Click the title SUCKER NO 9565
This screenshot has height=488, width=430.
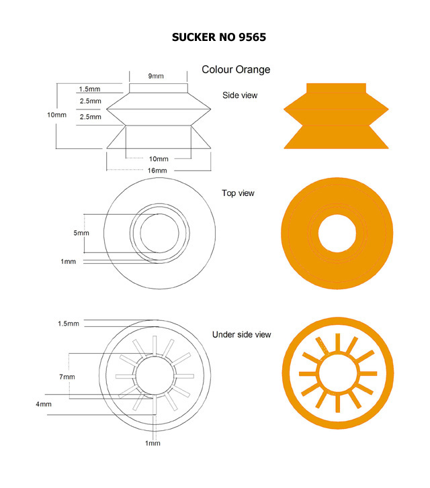pyautogui.click(x=219, y=38)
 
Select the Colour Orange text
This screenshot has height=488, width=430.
pyautogui.click(x=236, y=70)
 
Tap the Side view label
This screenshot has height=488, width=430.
pyautogui.click(x=240, y=95)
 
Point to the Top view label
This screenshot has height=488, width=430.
pyautogui.click(x=238, y=193)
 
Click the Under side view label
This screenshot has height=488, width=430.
pyautogui.click(x=241, y=334)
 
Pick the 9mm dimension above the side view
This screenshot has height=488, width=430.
pyautogui.click(x=156, y=76)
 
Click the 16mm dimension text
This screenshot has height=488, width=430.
pyautogui.click(x=157, y=170)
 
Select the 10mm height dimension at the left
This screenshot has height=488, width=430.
pyautogui.click(x=56, y=115)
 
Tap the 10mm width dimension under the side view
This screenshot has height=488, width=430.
pyautogui.click(x=159, y=159)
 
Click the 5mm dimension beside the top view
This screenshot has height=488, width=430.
pyautogui.click(x=81, y=233)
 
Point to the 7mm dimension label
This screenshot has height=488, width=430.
pyautogui.click(x=67, y=377)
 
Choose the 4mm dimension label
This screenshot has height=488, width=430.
pyautogui.click(x=44, y=404)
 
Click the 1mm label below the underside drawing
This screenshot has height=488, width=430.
pyautogui.click(x=153, y=443)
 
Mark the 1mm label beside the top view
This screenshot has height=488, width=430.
pyautogui.click(x=69, y=261)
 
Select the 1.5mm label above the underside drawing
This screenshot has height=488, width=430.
pyautogui.click(x=69, y=324)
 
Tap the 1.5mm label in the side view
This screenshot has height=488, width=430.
pyautogui.click(x=89, y=89)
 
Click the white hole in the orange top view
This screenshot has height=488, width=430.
pyautogui.click(x=337, y=233)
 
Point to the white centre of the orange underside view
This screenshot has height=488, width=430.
pyautogui.click(x=338, y=373)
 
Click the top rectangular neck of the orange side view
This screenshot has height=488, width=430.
pyautogui.click(x=336, y=88)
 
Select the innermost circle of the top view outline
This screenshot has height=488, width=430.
pyautogui.click(x=140, y=233)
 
